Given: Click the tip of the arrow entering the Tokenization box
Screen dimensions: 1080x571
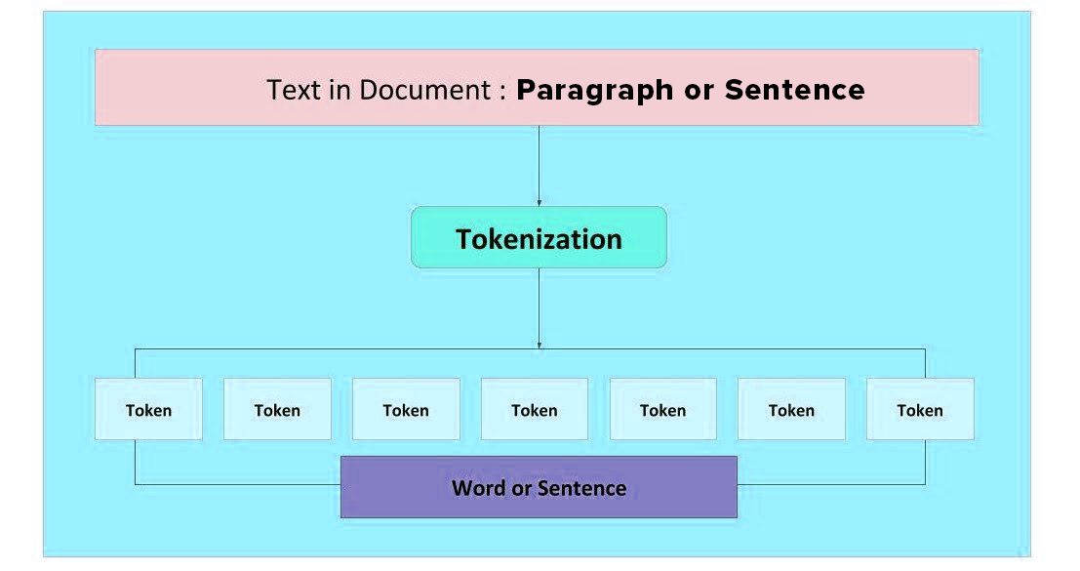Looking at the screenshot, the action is (540, 206).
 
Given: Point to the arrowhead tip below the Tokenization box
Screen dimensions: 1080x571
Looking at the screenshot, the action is (540, 349).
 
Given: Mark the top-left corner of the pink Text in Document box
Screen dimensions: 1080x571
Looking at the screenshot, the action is (95, 50).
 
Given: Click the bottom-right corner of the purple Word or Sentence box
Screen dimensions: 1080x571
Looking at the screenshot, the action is (737, 517).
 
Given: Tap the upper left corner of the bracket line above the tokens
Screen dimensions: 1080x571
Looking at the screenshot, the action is (135, 349).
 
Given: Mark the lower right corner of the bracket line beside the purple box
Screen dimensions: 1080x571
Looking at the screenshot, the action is (925, 484).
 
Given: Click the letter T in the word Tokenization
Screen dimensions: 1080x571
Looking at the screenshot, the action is (463, 239).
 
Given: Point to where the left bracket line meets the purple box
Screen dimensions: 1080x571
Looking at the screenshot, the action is (340, 484).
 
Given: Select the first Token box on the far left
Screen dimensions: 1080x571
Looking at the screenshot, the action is (148, 409).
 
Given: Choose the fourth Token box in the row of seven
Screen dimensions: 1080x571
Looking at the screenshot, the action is (535, 409).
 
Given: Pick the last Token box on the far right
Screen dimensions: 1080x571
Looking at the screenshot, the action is (920, 409).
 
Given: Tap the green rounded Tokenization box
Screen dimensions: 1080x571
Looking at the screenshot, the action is (540, 237).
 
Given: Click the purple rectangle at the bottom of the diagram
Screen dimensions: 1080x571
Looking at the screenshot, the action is (540, 487).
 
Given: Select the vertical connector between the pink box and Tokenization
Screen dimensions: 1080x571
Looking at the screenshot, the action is (540, 166).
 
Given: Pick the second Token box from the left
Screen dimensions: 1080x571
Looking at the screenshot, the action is (278, 409).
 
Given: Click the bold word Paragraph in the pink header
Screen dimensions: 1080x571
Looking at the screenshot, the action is (595, 91).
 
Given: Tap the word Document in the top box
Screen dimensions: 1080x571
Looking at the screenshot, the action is (425, 90).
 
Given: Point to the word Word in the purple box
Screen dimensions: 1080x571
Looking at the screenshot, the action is (479, 488).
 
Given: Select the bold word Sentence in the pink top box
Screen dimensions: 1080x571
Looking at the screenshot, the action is (795, 90).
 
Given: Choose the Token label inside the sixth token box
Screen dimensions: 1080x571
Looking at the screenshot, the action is (791, 411).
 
